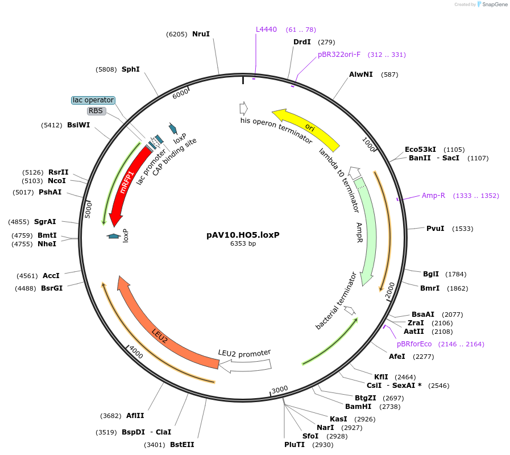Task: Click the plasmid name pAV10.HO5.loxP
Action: (x=243, y=234)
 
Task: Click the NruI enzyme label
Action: (x=201, y=34)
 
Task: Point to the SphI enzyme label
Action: (x=130, y=69)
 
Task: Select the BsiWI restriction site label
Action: (x=78, y=125)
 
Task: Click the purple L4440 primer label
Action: (x=266, y=30)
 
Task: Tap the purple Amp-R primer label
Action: (x=433, y=196)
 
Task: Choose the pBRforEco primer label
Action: (x=414, y=344)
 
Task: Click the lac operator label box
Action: (x=93, y=100)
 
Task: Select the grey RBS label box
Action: (x=96, y=111)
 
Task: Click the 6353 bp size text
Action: (x=243, y=243)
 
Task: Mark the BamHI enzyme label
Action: (x=358, y=407)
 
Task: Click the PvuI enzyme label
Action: (x=435, y=229)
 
